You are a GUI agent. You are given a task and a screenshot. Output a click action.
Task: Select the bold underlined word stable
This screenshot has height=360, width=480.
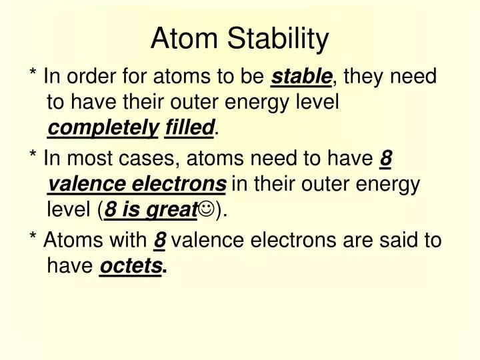click(301, 77)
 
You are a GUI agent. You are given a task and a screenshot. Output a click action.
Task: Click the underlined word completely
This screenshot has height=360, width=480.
click(103, 128)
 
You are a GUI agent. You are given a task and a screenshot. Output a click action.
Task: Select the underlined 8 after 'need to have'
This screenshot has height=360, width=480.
click(385, 159)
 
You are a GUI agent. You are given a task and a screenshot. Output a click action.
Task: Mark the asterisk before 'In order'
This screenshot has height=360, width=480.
click(33, 75)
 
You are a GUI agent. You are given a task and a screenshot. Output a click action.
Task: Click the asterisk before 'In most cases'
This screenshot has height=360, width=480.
click(33, 157)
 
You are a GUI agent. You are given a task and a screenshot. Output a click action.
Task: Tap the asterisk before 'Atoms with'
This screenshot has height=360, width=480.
click(33, 239)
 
